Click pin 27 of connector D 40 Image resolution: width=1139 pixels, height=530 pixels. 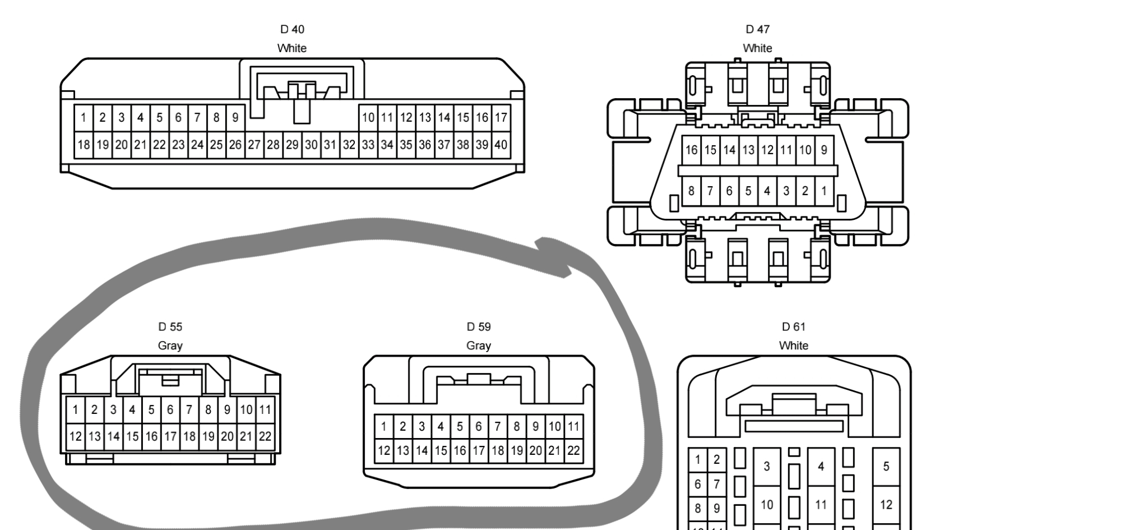tap(254, 145)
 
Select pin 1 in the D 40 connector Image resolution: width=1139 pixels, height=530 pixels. tap(84, 118)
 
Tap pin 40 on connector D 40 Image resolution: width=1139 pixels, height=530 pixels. tap(501, 145)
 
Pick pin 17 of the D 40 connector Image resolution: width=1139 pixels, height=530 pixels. tap(501, 118)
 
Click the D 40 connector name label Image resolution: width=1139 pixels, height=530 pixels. tap(292, 29)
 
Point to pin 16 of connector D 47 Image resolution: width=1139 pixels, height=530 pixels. tap(691, 150)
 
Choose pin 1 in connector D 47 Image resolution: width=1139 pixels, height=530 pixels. tap(823, 191)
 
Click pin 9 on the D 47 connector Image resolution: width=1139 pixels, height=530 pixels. tap(823, 150)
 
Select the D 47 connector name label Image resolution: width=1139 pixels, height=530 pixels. tap(757, 29)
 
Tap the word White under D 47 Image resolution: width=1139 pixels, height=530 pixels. tap(757, 48)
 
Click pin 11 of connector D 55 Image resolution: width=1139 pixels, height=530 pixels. tap(265, 409)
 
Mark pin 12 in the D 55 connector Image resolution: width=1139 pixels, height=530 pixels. tap(76, 436)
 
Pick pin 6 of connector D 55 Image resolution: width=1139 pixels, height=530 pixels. tap(170, 409)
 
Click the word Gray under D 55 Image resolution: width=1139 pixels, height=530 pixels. tap(170, 345)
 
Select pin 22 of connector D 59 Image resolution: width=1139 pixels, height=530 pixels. tap(573, 450)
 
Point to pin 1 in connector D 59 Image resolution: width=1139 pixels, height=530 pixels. tap(383, 426)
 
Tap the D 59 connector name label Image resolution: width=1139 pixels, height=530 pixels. tap(478, 326)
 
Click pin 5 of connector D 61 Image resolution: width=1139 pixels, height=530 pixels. tap(886, 466)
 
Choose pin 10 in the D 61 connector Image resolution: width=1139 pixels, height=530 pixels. tap(766, 505)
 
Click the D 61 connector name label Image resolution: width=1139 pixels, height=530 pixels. tap(793, 326)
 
